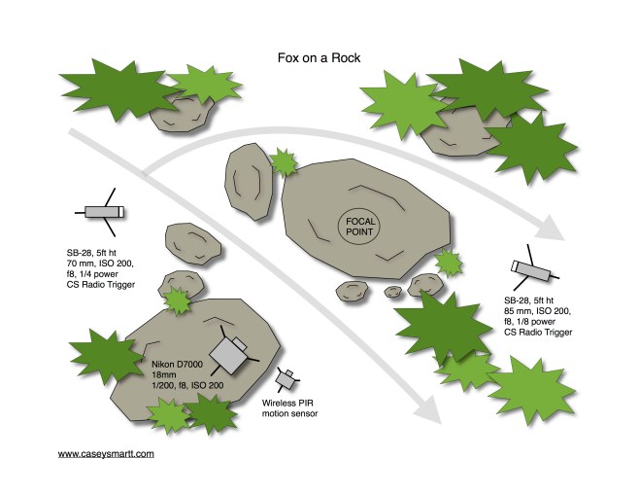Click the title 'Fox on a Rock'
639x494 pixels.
tap(319, 58)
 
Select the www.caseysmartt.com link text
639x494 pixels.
tap(106, 453)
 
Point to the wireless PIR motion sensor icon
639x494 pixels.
tap(287, 378)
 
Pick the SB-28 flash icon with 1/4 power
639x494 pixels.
tap(102, 212)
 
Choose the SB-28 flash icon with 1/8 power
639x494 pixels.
tap(532, 268)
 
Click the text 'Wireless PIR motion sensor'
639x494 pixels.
tap(289, 408)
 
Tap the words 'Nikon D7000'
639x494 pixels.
tap(177, 365)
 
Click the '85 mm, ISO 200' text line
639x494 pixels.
tap(538, 311)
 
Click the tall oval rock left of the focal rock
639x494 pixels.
tap(249, 182)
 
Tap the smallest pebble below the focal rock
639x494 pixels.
tap(393, 292)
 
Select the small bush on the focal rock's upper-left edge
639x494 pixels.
tap(284, 162)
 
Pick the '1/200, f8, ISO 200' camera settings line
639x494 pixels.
tap(187, 385)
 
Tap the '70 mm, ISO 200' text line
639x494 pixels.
tap(100, 264)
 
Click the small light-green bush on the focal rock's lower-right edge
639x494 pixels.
tap(449, 264)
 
